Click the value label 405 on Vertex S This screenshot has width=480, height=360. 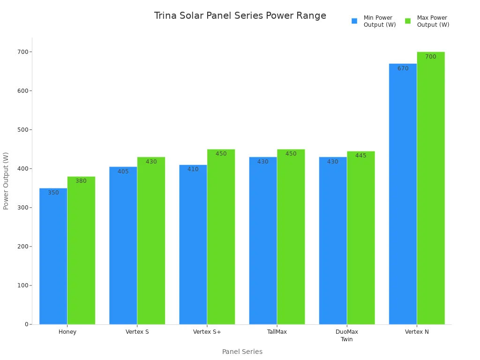pyautogui.click(x=123, y=172)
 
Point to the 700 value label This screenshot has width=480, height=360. pyautogui.click(x=430, y=57)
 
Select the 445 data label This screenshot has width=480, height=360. pyautogui.click(x=360, y=156)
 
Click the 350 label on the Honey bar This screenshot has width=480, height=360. pyautogui.click(x=53, y=193)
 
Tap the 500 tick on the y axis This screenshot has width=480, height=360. pyautogui.click(x=22, y=130)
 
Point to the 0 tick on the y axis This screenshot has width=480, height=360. pyautogui.click(x=26, y=324)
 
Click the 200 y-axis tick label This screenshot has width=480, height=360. pyautogui.click(x=22, y=247)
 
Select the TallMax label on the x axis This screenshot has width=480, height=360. pyautogui.click(x=277, y=332)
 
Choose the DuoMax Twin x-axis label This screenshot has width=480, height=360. pyautogui.click(x=347, y=336)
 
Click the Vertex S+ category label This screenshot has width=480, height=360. pyautogui.click(x=207, y=332)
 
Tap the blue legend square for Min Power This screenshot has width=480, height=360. pyautogui.click(x=354, y=21)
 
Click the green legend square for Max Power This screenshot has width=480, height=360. pyautogui.click(x=408, y=21)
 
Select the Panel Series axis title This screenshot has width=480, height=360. pyautogui.click(x=242, y=352)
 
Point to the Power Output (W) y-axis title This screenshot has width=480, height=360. pyautogui.click(x=6, y=180)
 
